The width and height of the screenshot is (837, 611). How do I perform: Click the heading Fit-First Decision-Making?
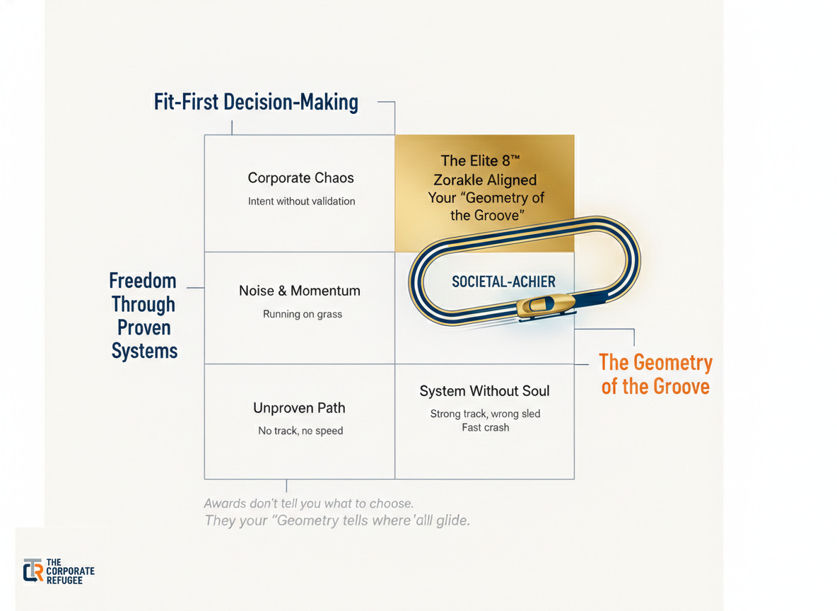(256, 103)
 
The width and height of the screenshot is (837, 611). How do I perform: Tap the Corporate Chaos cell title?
(300, 178)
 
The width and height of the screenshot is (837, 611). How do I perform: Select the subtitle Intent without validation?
(301, 201)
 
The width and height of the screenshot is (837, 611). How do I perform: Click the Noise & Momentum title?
(300, 291)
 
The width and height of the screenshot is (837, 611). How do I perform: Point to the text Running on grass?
(303, 314)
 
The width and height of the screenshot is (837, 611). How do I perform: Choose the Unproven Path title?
(299, 408)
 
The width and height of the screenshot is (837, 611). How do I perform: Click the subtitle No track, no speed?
(300, 431)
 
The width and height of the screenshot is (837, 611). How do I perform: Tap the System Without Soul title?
(484, 391)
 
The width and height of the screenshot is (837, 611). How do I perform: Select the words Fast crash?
(485, 427)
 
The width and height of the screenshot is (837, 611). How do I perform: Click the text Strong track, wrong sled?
(485, 414)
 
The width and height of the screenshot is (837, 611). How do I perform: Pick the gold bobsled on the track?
(540, 306)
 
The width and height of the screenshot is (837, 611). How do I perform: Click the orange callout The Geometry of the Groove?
(655, 374)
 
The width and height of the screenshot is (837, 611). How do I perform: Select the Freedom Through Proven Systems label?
(144, 315)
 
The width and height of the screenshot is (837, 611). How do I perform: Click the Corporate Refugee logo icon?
(33, 571)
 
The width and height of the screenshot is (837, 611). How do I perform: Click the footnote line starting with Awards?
(308, 504)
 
